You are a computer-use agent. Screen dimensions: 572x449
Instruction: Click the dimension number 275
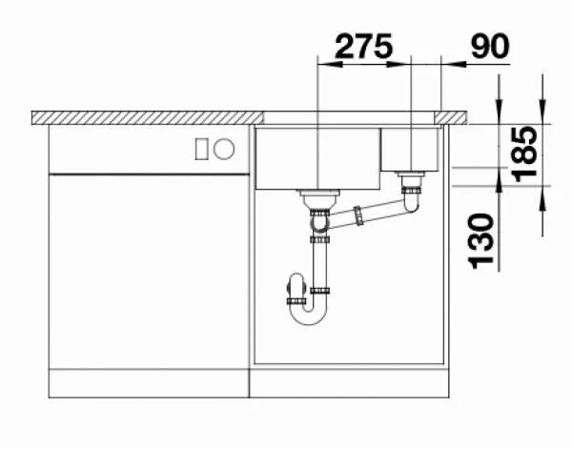click(364, 47)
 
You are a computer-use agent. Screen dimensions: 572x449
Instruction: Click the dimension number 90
click(490, 46)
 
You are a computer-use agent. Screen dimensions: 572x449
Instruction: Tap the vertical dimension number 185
click(525, 154)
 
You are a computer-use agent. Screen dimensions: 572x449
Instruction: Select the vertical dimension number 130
click(480, 242)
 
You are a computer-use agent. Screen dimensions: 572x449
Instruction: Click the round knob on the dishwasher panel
click(224, 149)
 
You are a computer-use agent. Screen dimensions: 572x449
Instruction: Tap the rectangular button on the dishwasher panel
click(202, 149)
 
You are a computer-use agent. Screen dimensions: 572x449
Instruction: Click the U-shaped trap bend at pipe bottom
click(308, 314)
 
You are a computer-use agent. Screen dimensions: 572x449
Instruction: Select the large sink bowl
click(317, 158)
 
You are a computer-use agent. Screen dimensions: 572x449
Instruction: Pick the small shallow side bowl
click(409, 149)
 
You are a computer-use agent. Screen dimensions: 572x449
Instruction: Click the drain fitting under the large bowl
click(319, 199)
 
